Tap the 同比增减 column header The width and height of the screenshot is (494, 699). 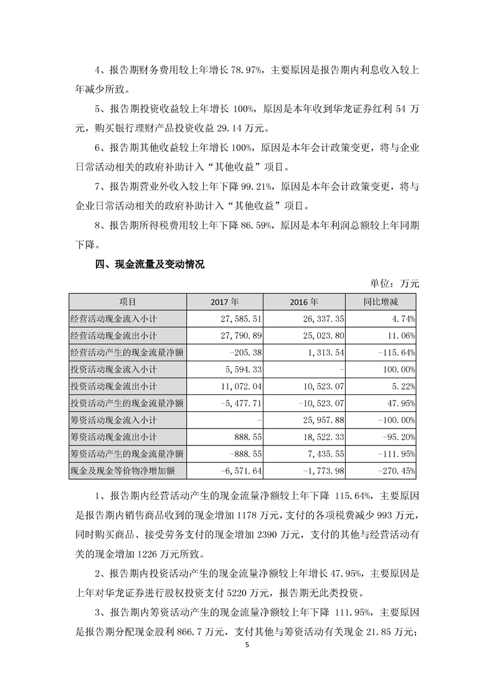coord(381,302)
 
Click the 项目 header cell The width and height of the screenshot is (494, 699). coord(128,302)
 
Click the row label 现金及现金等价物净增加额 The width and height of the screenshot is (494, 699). coord(128,470)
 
